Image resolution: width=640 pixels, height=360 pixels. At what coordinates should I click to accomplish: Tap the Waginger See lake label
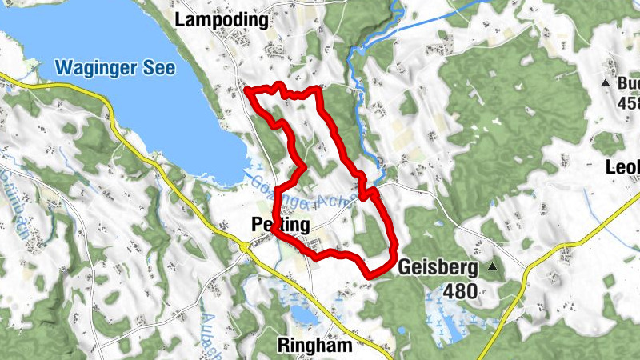[x=110, y=67]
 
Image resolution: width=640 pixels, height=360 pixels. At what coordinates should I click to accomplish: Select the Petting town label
[x=275, y=226]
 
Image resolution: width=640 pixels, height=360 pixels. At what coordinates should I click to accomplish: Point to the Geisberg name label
[x=437, y=267]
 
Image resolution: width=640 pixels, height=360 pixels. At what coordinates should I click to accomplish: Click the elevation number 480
[x=458, y=291]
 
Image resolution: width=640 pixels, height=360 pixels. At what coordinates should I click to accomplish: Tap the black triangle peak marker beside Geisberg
[x=493, y=267]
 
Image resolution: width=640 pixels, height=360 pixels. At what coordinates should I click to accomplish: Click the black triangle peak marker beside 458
[x=606, y=83]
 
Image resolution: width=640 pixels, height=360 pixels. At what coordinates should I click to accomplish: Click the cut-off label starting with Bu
[x=627, y=83]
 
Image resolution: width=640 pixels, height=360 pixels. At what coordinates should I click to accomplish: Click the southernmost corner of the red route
[x=370, y=276]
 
